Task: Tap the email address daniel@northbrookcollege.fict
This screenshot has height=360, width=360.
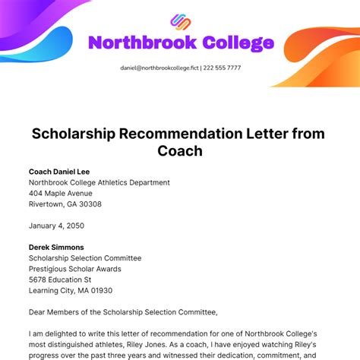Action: coord(159,68)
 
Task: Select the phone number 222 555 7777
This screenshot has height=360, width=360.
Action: coord(223,68)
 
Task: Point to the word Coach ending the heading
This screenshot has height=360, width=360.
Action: coord(180,150)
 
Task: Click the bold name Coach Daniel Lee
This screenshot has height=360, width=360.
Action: coord(58,172)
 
